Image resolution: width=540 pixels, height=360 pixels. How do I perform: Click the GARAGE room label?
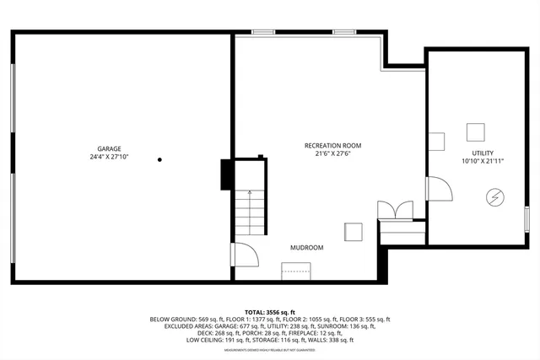[108, 148]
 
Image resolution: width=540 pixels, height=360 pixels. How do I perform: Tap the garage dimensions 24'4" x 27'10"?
[108, 157]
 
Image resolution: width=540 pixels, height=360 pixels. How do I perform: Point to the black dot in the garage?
[159, 159]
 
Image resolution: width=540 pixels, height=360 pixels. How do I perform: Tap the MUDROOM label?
[306, 248]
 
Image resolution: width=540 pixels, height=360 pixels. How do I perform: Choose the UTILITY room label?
[482, 153]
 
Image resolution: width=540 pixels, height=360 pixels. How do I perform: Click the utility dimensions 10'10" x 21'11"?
[482, 161]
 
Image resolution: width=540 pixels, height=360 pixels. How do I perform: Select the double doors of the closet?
[396, 210]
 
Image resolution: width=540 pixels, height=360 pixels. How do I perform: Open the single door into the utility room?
[438, 189]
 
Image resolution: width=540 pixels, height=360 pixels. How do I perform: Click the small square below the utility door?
[352, 233]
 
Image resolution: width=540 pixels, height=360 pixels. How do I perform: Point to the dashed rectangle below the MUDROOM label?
[295, 270]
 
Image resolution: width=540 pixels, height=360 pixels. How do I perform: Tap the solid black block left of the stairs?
[226, 175]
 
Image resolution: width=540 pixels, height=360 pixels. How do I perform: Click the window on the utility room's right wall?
[526, 218]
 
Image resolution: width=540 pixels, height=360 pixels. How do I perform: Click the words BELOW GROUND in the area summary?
[173, 320]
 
